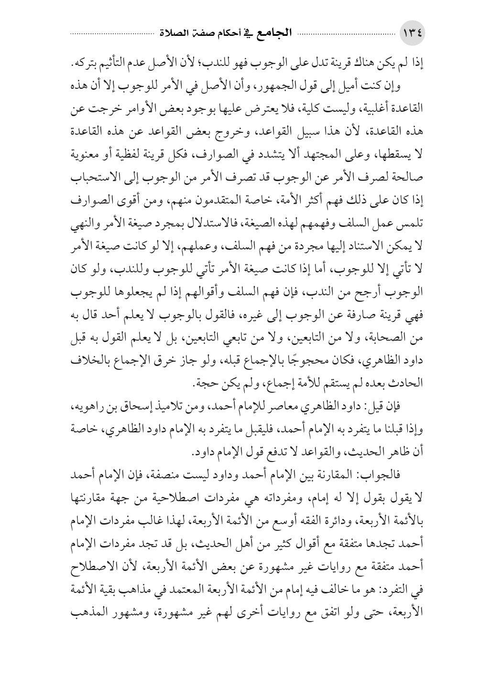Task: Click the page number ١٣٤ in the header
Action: (x=415, y=35)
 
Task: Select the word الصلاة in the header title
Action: (x=174, y=34)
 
